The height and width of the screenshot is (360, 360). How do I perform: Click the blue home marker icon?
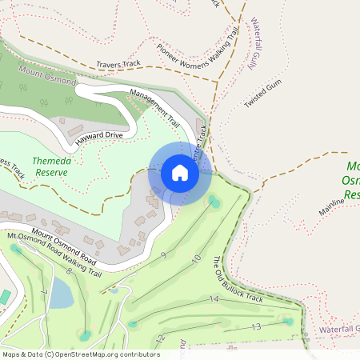point(180,173)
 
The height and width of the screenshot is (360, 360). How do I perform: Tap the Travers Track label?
point(118,63)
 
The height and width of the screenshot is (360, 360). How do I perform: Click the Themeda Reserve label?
point(52,166)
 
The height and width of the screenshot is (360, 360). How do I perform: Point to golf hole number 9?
point(163,255)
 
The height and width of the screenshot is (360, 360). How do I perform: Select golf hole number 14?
point(214,298)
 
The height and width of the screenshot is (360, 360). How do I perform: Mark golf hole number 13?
point(257,326)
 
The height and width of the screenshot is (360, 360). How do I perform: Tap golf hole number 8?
point(69,272)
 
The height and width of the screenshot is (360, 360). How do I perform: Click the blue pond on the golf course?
point(61,294)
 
